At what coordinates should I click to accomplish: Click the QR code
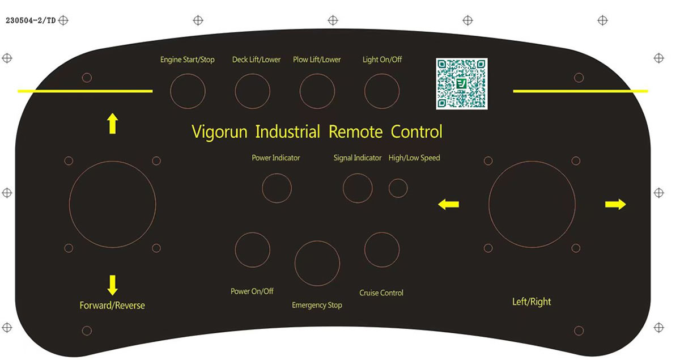(x=462, y=84)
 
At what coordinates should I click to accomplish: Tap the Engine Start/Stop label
(x=188, y=60)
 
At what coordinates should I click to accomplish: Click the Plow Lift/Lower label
(x=317, y=60)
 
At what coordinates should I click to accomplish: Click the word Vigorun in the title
(x=219, y=132)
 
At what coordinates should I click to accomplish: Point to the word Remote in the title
(x=355, y=132)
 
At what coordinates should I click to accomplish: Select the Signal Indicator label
(x=358, y=158)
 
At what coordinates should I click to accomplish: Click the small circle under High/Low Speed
(x=398, y=179)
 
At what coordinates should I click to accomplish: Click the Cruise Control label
(x=381, y=293)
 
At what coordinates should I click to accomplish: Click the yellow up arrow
(x=113, y=124)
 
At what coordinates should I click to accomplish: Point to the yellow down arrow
(x=113, y=285)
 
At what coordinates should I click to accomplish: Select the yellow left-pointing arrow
(x=449, y=204)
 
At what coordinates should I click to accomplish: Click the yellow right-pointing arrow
(x=615, y=204)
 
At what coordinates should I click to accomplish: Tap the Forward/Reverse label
(x=112, y=306)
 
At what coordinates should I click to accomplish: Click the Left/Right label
(x=532, y=302)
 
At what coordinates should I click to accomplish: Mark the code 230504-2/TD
(x=31, y=20)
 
